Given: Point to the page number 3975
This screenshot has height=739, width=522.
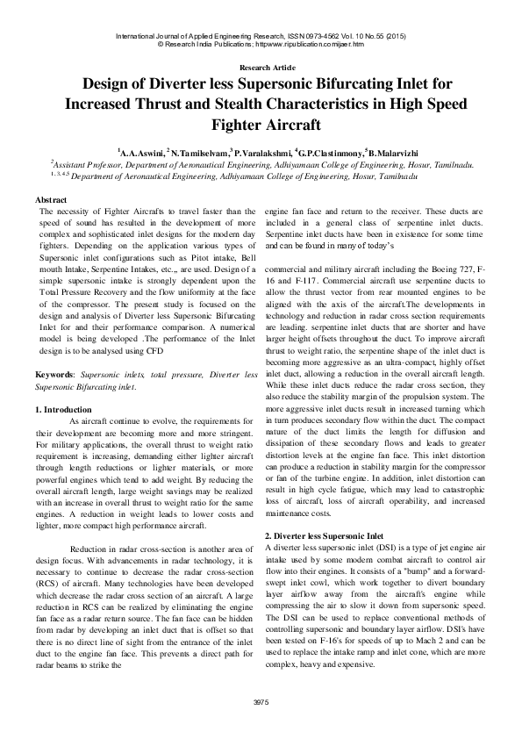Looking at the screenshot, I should click(260, 702).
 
